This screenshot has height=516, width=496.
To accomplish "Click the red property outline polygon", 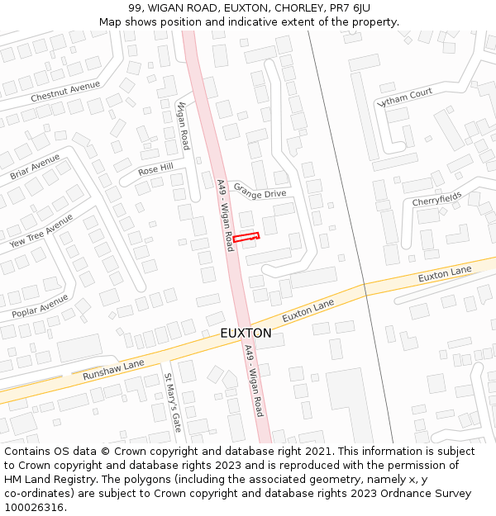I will (246, 237).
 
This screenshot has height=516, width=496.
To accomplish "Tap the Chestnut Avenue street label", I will (65, 92).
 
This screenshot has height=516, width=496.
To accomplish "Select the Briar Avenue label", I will (35, 166).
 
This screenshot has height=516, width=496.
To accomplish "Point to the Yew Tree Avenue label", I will (41, 231).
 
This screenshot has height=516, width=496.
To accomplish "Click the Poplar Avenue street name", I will (40, 306).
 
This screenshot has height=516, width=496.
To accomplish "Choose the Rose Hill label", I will (155, 168).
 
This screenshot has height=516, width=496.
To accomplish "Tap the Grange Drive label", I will (260, 191).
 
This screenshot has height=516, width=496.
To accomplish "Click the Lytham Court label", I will (404, 98).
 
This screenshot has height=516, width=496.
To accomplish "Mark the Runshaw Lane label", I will (113, 370).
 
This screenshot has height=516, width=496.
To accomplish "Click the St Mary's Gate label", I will (172, 403).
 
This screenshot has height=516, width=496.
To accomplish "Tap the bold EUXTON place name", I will (246, 333).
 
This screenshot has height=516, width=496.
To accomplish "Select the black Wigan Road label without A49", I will (184, 125).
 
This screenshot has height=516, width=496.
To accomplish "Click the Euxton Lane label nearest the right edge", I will (445, 273).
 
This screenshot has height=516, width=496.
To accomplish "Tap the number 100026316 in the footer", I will (34, 507).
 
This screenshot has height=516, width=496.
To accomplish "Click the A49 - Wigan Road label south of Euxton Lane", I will (254, 381).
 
